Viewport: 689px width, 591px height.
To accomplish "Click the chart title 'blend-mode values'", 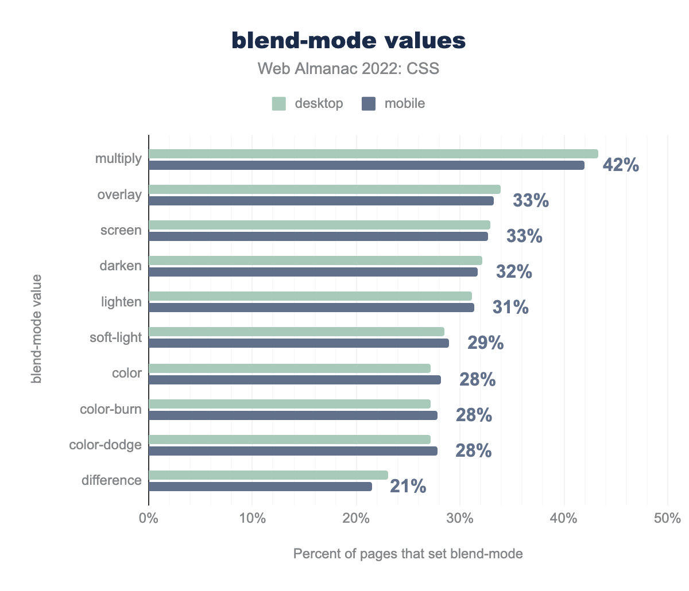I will point(349,41).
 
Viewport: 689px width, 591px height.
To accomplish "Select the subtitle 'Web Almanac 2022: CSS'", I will point(349,69).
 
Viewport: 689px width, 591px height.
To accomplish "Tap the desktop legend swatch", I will point(279,104).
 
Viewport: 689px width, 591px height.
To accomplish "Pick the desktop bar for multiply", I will point(373,154).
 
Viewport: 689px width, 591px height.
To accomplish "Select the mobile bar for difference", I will point(260,487).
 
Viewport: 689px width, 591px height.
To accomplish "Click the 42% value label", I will point(621,165).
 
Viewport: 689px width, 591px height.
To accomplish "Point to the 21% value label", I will point(408,487).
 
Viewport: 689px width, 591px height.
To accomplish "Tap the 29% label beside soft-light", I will point(486,344).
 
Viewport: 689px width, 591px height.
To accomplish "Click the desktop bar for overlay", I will point(324,189).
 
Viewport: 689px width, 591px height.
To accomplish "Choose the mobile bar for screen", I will point(318,236).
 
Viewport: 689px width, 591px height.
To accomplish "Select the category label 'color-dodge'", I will point(105,445).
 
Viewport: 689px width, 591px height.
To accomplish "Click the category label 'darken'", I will point(120,266).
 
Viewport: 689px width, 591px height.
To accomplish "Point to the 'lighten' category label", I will point(121,302).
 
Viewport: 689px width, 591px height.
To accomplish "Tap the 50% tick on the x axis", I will point(667,519).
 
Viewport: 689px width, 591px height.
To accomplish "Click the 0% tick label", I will point(149,519).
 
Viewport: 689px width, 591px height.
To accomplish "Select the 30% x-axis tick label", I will point(460,519).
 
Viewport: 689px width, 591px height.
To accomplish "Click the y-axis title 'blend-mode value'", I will point(37,329).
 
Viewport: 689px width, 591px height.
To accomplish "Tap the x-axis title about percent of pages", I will point(408,554).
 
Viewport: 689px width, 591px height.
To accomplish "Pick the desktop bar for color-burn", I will point(289,404).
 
